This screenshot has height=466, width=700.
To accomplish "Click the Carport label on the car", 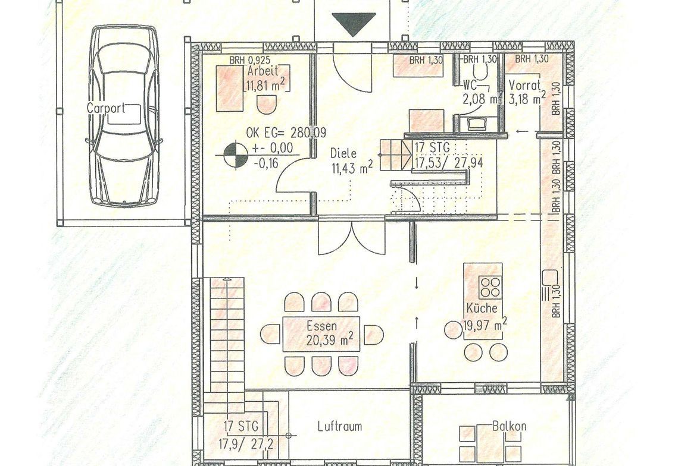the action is (x=106, y=108).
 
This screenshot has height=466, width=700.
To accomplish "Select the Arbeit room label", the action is (x=262, y=71).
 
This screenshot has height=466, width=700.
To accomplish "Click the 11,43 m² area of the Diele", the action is (x=352, y=168).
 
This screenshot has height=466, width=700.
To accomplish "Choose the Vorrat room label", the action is (x=525, y=85).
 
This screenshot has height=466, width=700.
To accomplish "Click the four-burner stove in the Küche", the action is (x=490, y=287).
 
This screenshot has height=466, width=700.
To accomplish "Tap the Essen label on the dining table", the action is (x=321, y=326).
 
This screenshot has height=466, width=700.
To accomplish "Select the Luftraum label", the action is (x=340, y=426).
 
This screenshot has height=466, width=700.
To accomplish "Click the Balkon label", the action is (x=509, y=426).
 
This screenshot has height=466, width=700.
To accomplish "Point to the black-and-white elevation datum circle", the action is (x=236, y=155).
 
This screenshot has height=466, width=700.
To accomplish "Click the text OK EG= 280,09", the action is (x=286, y=133).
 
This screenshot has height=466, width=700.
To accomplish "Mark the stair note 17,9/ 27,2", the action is (x=246, y=443).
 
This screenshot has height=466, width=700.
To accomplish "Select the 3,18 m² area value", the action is (x=527, y=98).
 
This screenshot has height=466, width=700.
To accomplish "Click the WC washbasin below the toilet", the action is (x=474, y=122).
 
